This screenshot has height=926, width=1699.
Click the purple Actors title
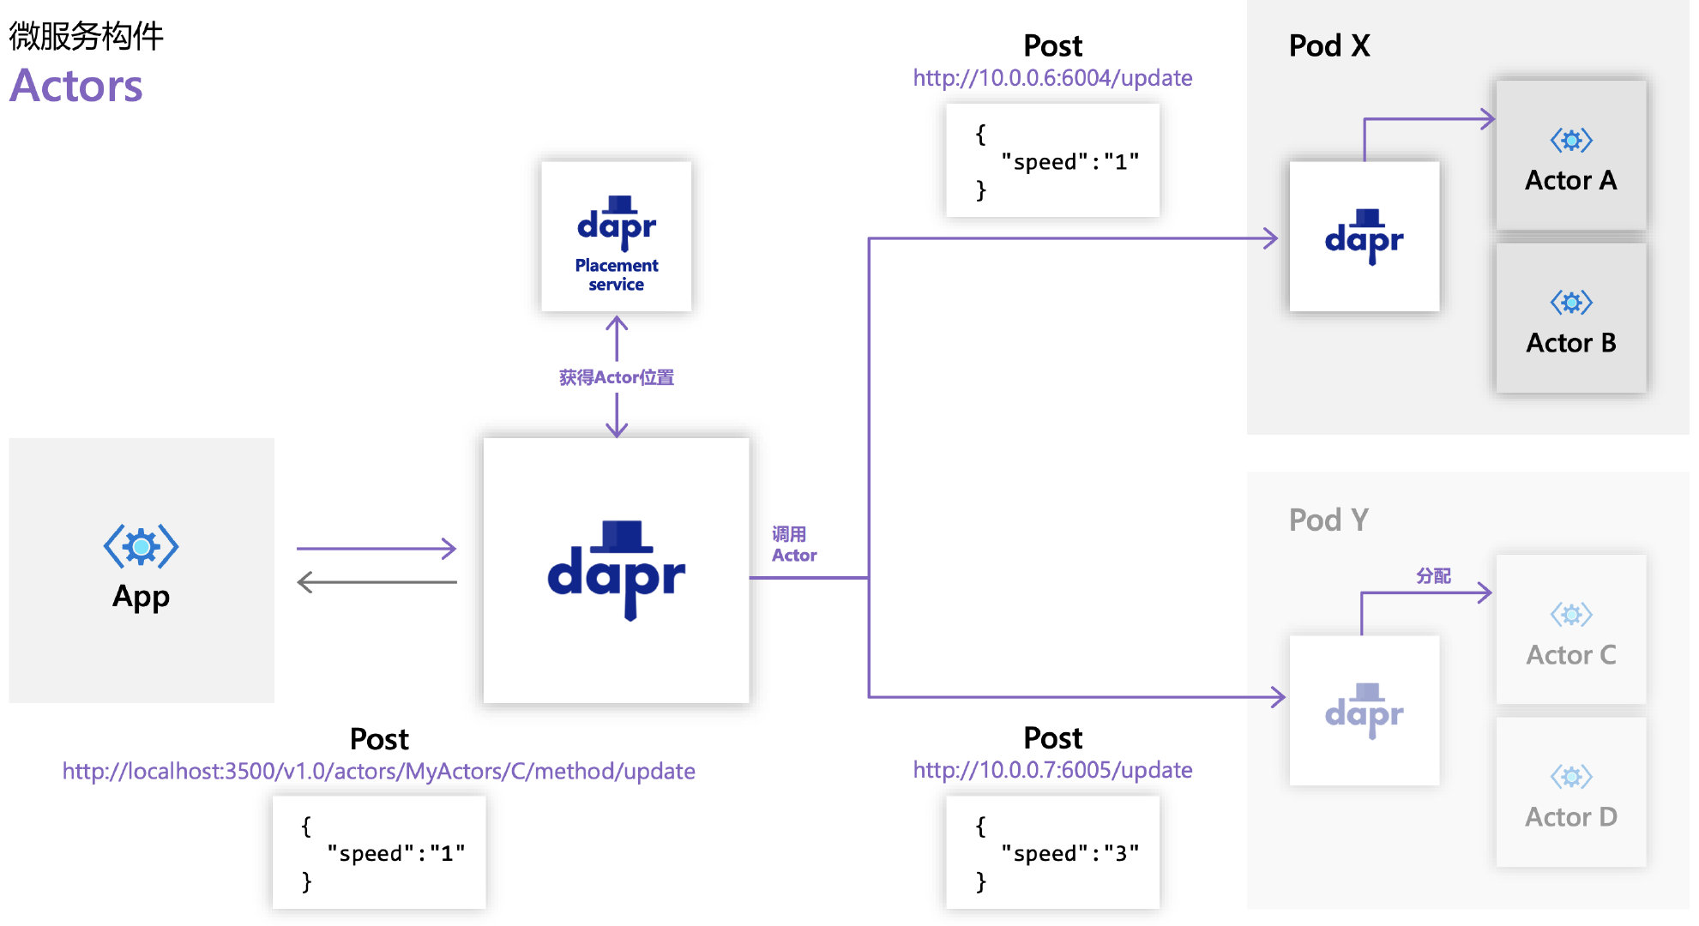pos(75,86)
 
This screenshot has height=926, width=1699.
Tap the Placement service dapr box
pos(616,236)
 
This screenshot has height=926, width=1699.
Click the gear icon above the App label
pos(141,546)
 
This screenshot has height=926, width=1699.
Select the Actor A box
pos(1570,156)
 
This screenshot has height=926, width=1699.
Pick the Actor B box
pos(1570,319)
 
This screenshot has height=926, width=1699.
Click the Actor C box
pos(1570,630)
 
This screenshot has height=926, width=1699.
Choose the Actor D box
pos(1570,792)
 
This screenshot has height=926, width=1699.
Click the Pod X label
pos(1328,45)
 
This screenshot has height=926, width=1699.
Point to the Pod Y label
pos(1328,520)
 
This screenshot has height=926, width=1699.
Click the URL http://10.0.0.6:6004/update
pos(1052,78)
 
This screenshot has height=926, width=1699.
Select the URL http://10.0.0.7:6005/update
pos(1052,770)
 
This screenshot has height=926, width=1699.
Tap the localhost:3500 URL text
pos(378,771)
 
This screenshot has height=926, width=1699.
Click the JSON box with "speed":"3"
pos(1052,852)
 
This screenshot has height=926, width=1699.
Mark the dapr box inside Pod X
pos(1364,237)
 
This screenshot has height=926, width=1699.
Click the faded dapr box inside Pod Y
pos(1364,710)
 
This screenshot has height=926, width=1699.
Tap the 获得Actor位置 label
pos(616,377)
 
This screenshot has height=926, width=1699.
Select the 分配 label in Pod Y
pos(1432,575)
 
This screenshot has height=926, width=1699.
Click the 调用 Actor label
pos(792,544)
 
